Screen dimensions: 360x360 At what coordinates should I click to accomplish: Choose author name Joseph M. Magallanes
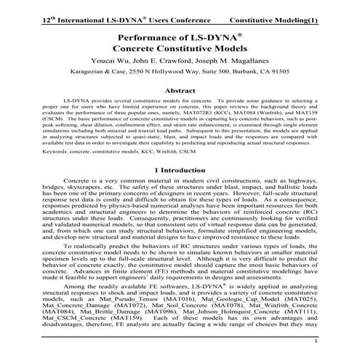point(241,60)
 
